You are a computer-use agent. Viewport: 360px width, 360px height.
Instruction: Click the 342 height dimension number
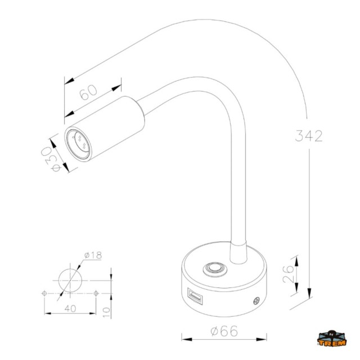(x=308, y=136)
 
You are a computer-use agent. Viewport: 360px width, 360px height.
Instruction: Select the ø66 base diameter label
(x=224, y=331)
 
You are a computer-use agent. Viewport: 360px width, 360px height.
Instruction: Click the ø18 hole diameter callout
(x=92, y=256)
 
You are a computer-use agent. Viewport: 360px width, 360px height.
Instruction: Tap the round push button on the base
(x=214, y=269)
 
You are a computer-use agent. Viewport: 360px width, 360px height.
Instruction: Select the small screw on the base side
(x=258, y=301)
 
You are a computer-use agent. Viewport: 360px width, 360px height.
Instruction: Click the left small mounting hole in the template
(x=44, y=293)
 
